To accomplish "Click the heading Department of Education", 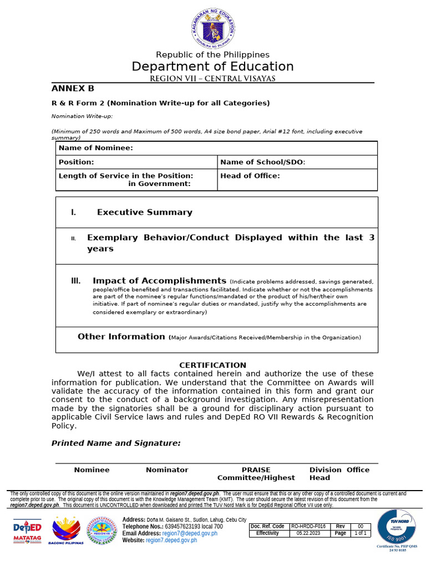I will click(212, 66).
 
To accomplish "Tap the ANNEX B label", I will click(73, 89).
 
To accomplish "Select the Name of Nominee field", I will click(96, 148).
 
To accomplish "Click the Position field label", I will click(77, 162).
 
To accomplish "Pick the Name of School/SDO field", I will click(263, 162).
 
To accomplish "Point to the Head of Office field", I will click(250, 176).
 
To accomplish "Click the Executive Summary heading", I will click(144, 212).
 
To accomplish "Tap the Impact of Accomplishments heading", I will click(159, 281).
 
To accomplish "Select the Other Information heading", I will click(121, 337).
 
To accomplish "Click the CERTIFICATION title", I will click(212, 365).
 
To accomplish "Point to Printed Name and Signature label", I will click(116, 443).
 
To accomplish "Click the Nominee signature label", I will click(92, 470).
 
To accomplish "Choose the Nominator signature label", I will click(167, 470).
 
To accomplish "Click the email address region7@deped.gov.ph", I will click(190, 533).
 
